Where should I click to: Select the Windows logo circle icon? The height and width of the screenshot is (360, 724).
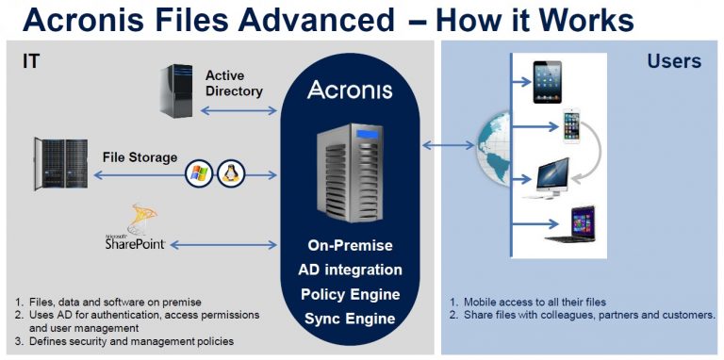[199, 173]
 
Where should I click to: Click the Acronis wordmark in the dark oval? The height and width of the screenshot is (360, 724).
[351, 90]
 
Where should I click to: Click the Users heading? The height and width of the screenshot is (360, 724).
[674, 62]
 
